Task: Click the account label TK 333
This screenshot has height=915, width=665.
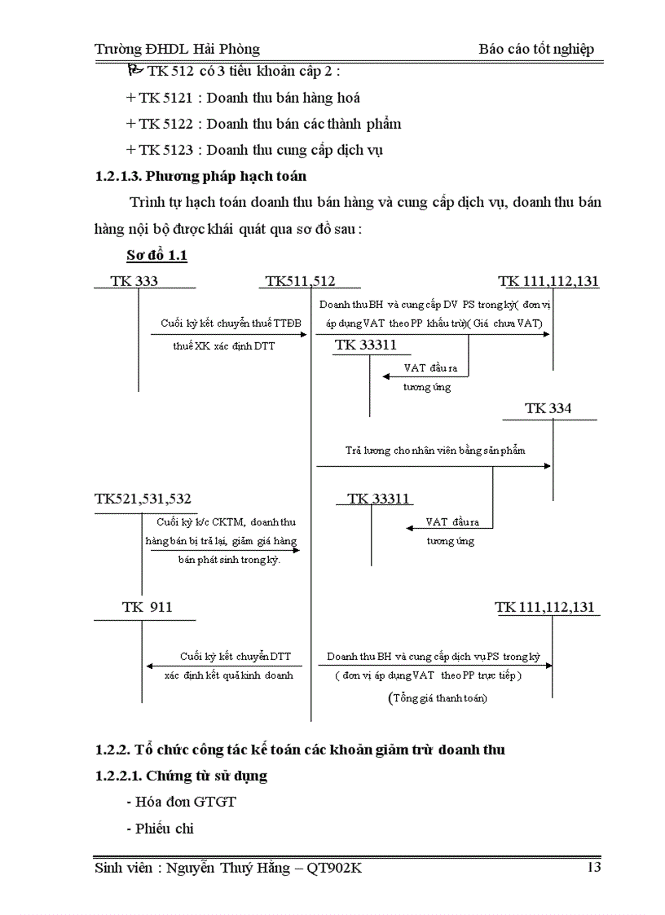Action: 134,281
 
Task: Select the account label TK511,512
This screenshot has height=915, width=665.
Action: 300,281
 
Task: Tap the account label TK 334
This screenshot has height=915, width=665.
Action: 548,408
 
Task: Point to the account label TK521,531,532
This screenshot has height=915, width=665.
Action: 143,499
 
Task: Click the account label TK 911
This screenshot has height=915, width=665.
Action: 147,607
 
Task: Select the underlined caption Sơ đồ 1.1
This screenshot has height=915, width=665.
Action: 157,256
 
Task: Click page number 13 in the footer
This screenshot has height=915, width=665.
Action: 594,867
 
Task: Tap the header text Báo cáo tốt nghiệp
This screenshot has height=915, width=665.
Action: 536,49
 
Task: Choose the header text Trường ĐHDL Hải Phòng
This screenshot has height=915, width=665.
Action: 177,49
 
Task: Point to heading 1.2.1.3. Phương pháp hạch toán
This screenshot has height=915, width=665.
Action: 200,176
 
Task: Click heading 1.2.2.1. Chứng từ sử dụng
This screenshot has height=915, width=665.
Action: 181,776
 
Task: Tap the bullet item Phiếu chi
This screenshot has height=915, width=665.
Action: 161,829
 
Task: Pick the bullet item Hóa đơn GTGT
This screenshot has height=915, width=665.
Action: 181,802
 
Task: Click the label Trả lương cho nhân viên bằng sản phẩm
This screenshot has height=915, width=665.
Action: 435,450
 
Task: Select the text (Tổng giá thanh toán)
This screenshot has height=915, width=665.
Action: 438,698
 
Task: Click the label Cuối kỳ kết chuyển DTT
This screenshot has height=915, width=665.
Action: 236,656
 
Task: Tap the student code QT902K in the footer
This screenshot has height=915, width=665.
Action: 334,868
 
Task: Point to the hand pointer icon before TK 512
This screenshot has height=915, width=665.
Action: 134,71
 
